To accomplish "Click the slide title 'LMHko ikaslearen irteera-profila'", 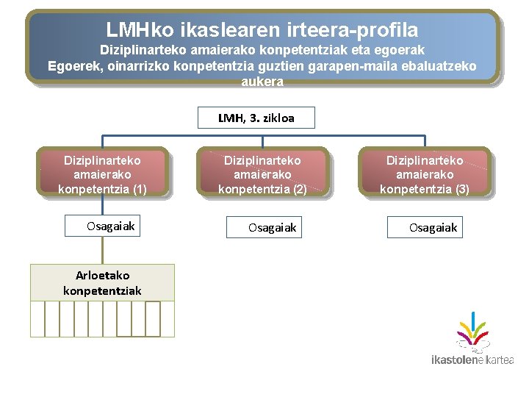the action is pyautogui.click(x=262, y=30).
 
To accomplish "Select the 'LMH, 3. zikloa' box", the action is pyautogui.click(x=256, y=118).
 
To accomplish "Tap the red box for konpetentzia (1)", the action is pyautogui.click(x=102, y=174).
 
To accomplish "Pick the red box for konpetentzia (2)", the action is pyautogui.click(x=262, y=174).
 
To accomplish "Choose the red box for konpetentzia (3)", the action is pyautogui.click(x=424, y=174).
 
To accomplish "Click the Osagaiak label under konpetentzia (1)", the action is pyautogui.click(x=110, y=226).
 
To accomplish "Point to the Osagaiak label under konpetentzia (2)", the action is pyautogui.click(x=272, y=228).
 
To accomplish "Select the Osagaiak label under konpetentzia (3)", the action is pyautogui.click(x=433, y=228).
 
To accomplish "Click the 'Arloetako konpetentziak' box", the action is pyautogui.click(x=102, y=283).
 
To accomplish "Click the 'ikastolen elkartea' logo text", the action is pyautogui.click(x=472, y=360).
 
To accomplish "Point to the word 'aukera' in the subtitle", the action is pyautogui.click(x=262, y=82).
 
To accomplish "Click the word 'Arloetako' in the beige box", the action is pyautogui.click(x=102, y=276).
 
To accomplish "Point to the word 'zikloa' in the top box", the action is pyautogui.click(x=277, y=118).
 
